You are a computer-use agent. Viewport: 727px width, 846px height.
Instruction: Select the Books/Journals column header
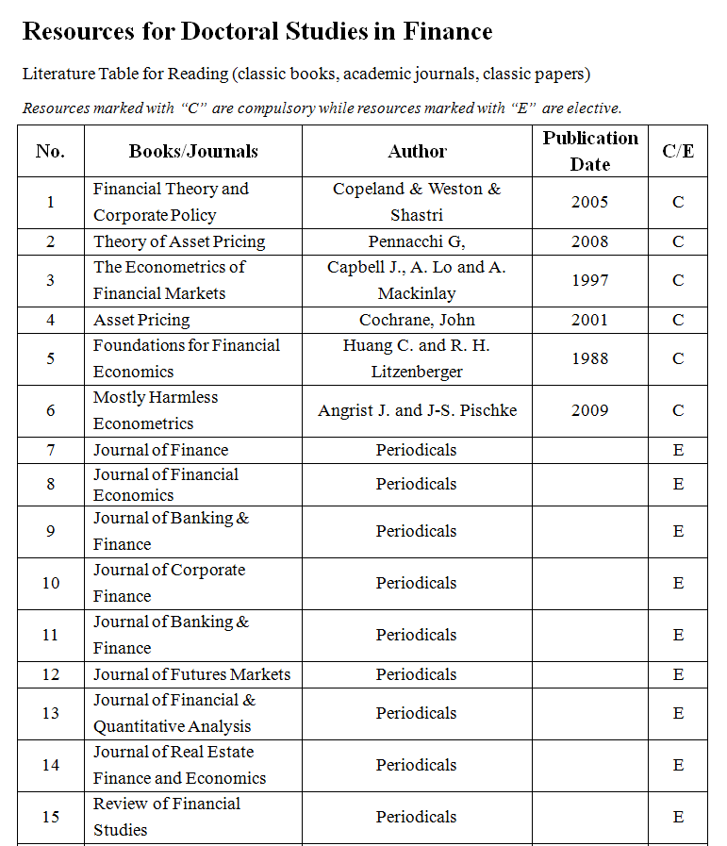[x=193, y=151]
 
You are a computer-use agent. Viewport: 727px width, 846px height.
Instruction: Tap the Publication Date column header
[x=590, y=151]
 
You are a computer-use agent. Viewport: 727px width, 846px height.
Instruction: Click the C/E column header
[x=678, y=151]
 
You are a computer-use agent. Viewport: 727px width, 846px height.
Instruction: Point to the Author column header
[x=417, y=151]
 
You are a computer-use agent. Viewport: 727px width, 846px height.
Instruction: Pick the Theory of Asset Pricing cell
[x=179, y=241]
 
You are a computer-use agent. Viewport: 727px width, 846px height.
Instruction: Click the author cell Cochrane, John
[x=417, y=320]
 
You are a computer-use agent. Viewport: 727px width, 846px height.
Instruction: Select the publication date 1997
[x=590, y=280]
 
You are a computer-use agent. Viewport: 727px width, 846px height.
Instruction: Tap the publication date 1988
[x=590, y=358]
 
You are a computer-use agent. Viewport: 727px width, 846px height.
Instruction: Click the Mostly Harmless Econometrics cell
[x=156, y=410]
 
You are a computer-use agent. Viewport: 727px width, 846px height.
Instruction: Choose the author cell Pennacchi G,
[x=417, y=241]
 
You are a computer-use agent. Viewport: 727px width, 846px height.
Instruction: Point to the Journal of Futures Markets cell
[x=191, y=674]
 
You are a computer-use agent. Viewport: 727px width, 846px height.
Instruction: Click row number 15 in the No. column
[x=51, y=817]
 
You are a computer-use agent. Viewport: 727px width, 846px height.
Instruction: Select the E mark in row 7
[x=678, y=450]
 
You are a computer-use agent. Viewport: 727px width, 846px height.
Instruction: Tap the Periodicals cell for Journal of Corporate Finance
[x=417, y=583]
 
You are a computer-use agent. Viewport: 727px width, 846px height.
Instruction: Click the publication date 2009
[x=590, y=410]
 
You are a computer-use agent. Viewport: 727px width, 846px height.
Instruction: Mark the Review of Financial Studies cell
[x=167, y=817]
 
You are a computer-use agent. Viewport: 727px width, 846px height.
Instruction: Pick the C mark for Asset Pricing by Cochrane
[x=678, y=320]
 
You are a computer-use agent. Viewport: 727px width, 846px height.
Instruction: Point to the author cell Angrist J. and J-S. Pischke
[x=417, y=410]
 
